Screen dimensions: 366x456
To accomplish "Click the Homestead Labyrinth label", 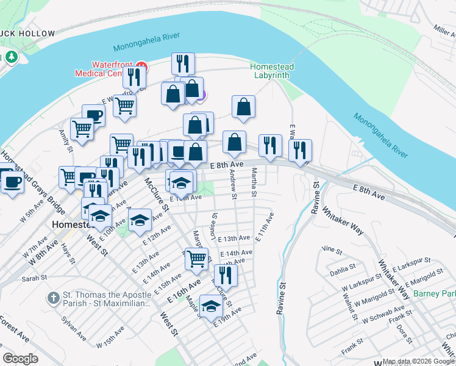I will (x=273, y=71).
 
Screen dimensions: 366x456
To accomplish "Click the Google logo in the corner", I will (x=20, y=359).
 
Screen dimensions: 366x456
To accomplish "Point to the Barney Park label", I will (x=434, y=293).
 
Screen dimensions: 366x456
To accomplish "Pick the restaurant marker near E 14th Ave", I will (x=226, y=276).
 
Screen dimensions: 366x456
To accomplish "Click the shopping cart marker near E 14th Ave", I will (x=196, y=259).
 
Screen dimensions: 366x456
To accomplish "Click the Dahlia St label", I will (x=344, y=268).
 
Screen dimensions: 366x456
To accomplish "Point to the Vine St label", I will (x=332, y=249).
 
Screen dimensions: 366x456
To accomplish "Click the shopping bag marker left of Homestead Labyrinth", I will (x=243, y=107).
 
